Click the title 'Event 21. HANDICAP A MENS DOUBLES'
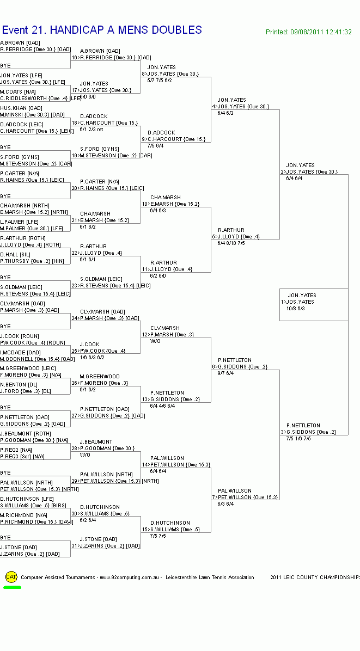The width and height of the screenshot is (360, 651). tap(102, 30)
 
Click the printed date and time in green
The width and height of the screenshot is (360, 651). tap(308, 32)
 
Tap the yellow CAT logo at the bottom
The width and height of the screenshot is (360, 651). tap(11, 576)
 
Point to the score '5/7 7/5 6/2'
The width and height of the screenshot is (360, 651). tap(160, 81)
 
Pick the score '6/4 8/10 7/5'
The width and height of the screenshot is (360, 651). tap(231, 243)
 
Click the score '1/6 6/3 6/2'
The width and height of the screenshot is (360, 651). tap(92, 358)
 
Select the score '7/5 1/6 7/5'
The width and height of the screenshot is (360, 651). tap(298, 439)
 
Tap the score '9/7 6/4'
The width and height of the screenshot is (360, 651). tap(225, 373)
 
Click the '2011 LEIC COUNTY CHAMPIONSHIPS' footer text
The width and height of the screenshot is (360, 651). tap(315, 578)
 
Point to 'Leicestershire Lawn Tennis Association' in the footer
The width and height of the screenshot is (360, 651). tap(210, 578)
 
